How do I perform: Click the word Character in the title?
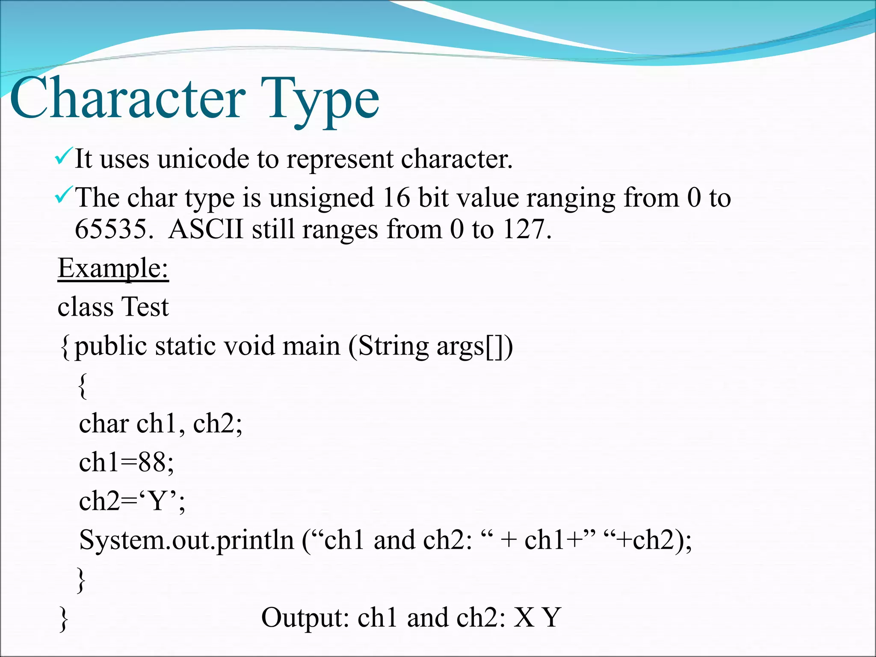point(127,99)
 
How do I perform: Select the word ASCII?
point(206,229)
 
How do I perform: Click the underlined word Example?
point(113,268)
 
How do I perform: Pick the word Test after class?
point(145,307)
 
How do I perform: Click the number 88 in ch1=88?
point(152,462)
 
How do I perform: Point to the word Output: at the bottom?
point(305,618)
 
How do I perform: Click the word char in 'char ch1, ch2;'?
point(104,423)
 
